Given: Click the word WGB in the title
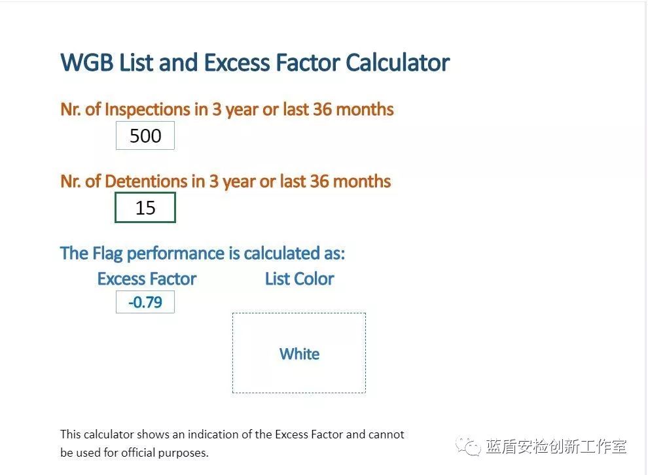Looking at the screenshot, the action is coord(87,63).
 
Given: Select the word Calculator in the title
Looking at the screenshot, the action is coord(397,63).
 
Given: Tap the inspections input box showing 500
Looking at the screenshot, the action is coord(145,135).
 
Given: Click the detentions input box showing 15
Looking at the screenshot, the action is coord(145,207).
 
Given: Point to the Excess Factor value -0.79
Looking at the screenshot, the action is coord(145,302).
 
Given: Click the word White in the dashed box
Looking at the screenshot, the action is coord(299,354).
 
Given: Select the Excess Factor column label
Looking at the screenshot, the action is coord(147,279).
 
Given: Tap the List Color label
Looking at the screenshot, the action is coord(300,279).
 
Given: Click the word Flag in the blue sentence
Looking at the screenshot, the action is coord(107,254).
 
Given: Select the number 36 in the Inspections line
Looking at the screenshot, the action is coord(322,109).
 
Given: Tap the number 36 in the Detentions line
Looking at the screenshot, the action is coord(319,181).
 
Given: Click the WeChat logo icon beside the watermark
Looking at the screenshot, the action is coord(468,446).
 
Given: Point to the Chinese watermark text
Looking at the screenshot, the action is coord(556,446).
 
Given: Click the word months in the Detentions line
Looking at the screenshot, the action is coord(362,181).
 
